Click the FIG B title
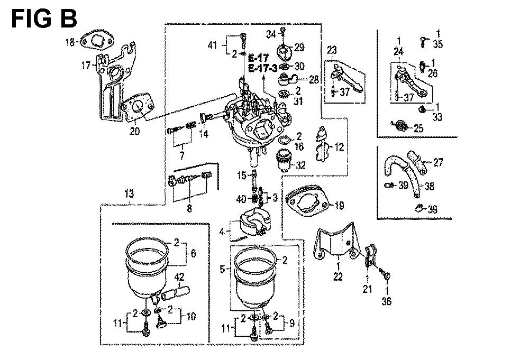coord(44,19)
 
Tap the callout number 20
coord(135,131)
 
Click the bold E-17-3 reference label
coord(262,68)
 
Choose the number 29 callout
coord(299,48)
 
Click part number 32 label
coord(301,165)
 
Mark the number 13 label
coord(129,193)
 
